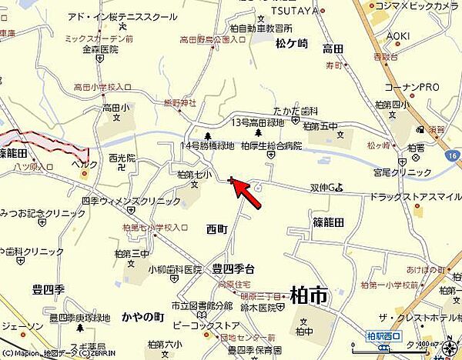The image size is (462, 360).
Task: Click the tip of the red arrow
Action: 232,181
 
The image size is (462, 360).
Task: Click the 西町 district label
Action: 218,228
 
